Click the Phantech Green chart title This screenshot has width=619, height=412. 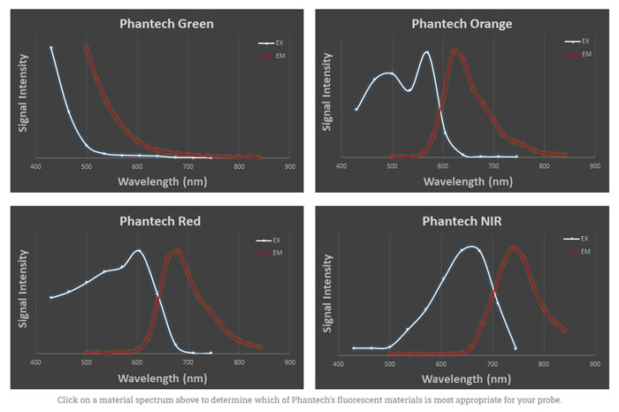click(166, 24)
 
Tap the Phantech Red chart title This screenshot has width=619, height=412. click(159, 221)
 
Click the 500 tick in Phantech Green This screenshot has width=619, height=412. click(86, 167)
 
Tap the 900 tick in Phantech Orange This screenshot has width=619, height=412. click(593, 167)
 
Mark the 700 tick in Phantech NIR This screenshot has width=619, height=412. click(492, 363)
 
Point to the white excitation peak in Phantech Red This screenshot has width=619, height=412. click(137, 250)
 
